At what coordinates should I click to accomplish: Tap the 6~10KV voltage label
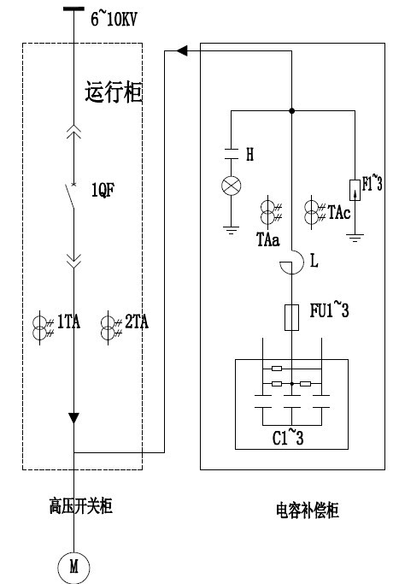tap(114, 19)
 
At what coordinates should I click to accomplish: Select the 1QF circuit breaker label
tap(103, 190)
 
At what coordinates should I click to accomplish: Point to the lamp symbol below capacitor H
tap(232, 186)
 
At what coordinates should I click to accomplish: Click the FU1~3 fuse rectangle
tap(292, 317)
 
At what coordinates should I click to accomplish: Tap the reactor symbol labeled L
tap(292, 263)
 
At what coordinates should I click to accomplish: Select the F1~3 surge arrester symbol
tap(355, 190)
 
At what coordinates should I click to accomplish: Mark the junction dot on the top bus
tap(292, 110)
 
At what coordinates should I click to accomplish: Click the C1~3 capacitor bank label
tap(288, 437)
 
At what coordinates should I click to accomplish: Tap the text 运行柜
tap(114, 91)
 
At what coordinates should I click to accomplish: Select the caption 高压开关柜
tap(81, 506)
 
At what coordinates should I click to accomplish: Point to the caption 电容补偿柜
tap(308, 510)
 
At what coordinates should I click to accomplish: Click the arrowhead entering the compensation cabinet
tap(182, 51)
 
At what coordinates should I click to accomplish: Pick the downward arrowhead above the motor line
tap(73, 418)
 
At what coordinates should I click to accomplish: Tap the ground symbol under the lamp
tap(232, 230)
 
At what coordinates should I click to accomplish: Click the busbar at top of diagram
tap(73, 9)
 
